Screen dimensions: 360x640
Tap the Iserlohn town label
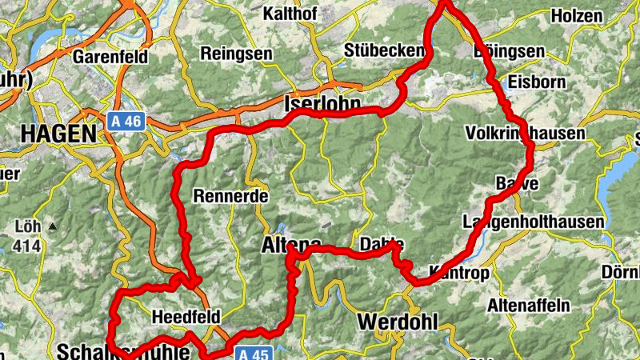click(322, 105)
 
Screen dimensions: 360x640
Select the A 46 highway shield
click(126, 121)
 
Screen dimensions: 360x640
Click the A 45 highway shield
click(255, 353)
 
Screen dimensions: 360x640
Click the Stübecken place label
click(383, 50)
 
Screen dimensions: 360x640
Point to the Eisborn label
click(537, 82)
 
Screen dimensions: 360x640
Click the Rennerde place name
click(230, 195)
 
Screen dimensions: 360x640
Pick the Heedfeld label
click(186, 317)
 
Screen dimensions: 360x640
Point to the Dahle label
click(382, 244)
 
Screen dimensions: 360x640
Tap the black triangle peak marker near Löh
click(53, 226)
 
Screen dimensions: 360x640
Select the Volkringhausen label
click(524, 134)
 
